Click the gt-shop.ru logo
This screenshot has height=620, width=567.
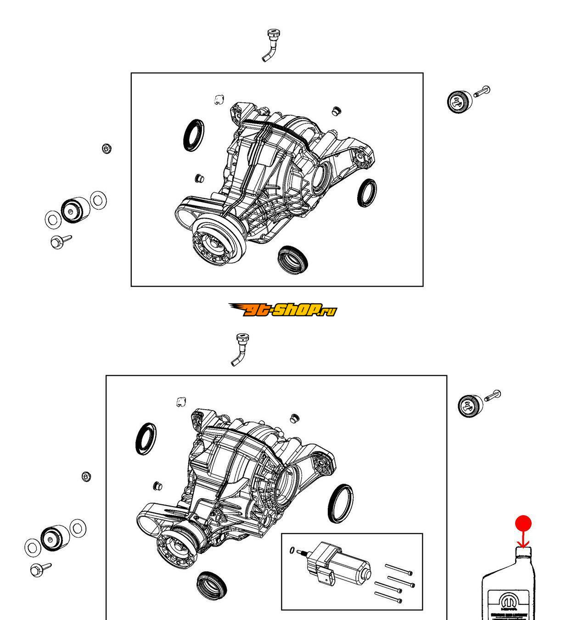pos(282,310)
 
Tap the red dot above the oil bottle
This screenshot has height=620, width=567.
pos(523,524)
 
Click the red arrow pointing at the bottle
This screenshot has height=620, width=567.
pos(523,541)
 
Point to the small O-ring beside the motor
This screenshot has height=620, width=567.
pos(292,550)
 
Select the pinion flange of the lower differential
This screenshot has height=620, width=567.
pos(179,547)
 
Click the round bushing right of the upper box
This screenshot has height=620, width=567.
pos(459,101)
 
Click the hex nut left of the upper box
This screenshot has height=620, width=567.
pos(107,149)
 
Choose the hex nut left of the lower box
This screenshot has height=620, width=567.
pos(86,476)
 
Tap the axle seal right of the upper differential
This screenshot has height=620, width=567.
pos(367,193)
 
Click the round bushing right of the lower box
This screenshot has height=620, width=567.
pos(470,405)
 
